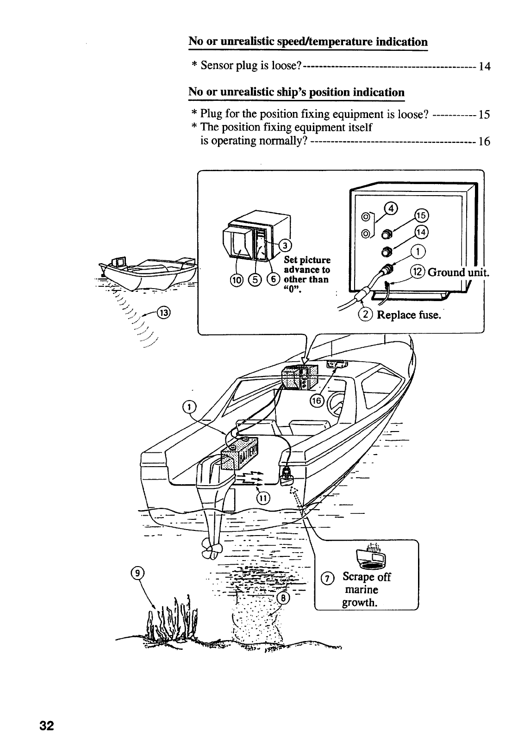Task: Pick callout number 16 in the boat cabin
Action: point(317,401)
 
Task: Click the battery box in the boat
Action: point(241,453)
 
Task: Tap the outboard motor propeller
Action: point(212,550)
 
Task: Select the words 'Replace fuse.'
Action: point(408,315)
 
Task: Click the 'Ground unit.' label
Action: point(457,272)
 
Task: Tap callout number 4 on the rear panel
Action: point(392,208)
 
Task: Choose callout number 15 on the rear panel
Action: point(421,216)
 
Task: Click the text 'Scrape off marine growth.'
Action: point(366,590)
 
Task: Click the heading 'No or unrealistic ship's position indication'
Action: point(296,92)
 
